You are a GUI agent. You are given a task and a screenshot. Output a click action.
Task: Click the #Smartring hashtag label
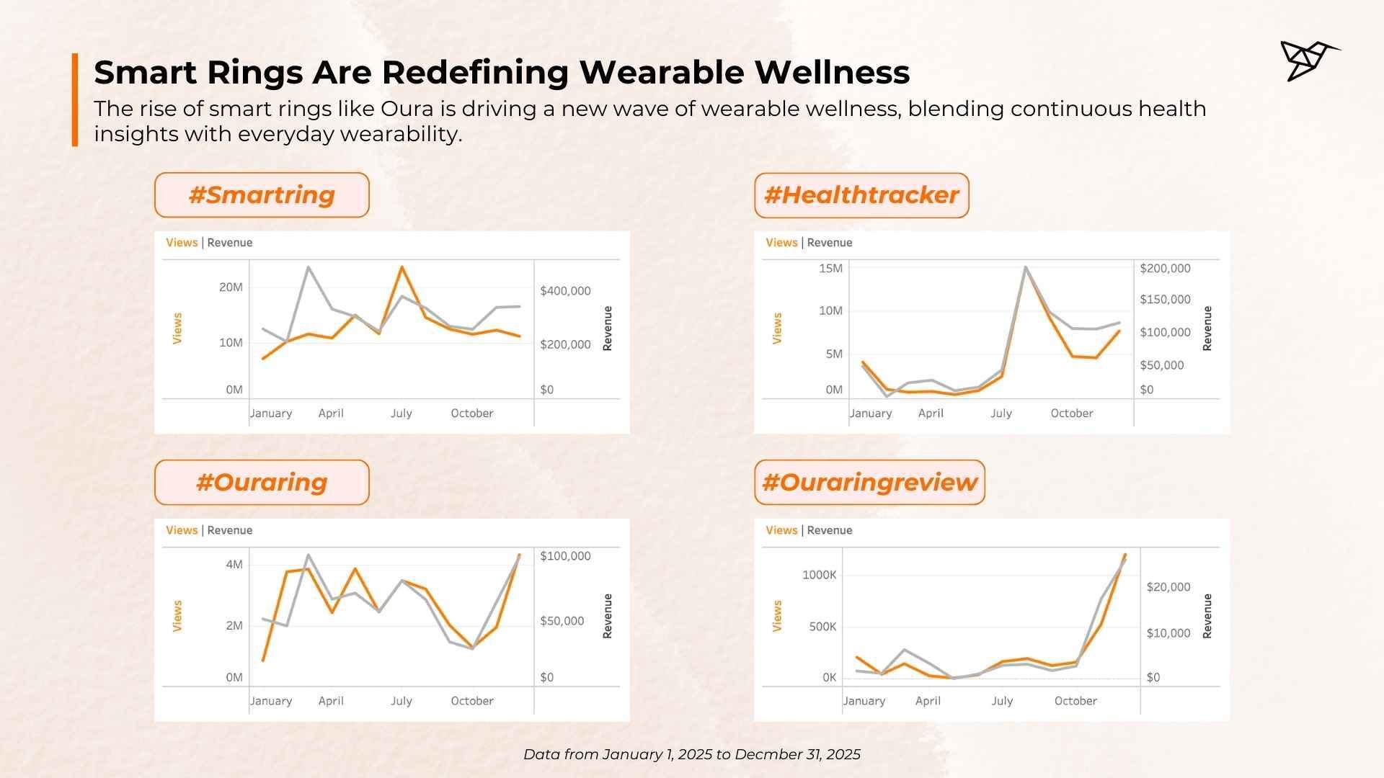tap(262, 195)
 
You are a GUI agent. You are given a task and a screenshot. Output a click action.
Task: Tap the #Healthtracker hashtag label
tap(861, 195)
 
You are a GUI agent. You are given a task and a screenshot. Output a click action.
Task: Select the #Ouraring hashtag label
tap(262, 483)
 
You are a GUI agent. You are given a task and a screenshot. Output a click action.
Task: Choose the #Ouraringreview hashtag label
tap(869, 483)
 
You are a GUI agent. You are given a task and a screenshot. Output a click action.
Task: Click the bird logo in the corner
tap(1308, 61)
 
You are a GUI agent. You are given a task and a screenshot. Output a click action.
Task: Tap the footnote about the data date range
tap(692, 754)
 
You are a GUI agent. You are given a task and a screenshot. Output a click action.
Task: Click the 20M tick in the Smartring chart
tap(231, 287)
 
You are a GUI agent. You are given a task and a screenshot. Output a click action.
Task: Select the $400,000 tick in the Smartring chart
tap(565, 291)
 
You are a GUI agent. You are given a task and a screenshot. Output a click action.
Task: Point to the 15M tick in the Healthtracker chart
tap(830, 269)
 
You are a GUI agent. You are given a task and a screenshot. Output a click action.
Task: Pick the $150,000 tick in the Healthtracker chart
tap(1165, 300)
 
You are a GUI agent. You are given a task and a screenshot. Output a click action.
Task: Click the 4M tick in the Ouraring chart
tap(234, 565)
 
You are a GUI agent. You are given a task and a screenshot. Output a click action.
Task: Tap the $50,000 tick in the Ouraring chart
tap(562, 621)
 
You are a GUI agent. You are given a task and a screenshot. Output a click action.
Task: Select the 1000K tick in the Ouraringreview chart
tap(820, 576)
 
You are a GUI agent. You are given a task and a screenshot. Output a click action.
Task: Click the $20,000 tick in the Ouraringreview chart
tap(1168, 587)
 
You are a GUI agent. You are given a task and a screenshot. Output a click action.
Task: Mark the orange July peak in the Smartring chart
tap(402, 267)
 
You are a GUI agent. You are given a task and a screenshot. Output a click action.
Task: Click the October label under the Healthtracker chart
tap(1072, 413)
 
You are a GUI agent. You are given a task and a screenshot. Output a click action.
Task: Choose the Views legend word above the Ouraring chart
tap(182, 530)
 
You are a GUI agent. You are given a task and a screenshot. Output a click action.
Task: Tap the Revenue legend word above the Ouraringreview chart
tap(830, 530)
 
